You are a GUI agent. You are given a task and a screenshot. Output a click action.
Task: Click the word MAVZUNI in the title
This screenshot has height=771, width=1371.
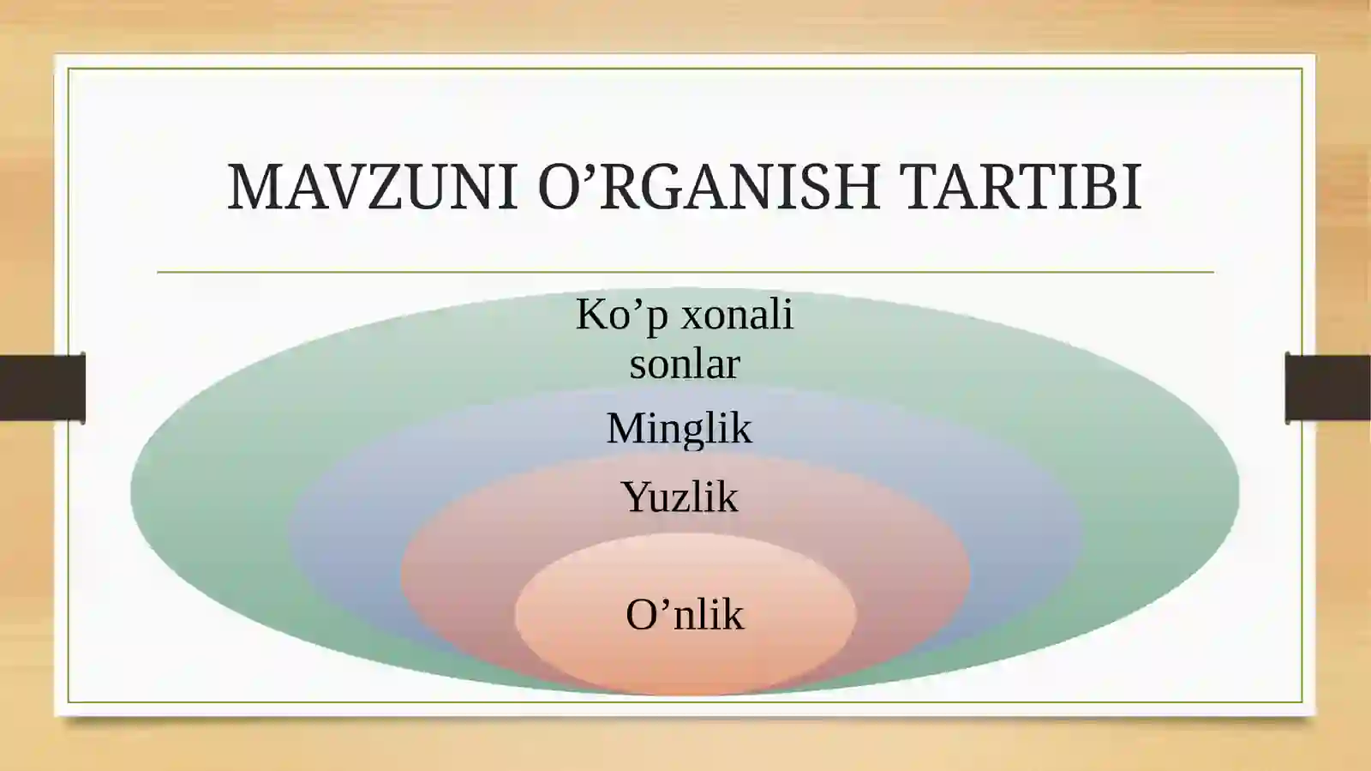click(x=372, y=186)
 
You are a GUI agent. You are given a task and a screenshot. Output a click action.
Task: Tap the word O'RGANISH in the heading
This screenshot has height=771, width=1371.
click(x=709, y=186)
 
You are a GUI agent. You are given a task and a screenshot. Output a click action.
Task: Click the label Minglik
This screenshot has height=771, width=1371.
click(x=679, y=428)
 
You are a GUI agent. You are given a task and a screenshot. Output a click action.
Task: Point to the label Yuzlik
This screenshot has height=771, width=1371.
click(x=679, y=497)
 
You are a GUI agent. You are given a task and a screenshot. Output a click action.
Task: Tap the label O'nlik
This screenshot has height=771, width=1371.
click(x=685, y=615)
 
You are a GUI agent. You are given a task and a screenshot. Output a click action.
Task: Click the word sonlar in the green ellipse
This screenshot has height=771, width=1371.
click(x=685, y=364)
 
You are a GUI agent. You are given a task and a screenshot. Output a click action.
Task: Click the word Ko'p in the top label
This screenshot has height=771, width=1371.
click(x=620, y=315)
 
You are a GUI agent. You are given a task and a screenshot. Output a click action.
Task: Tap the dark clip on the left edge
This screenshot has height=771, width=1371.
click(x=42, y=388)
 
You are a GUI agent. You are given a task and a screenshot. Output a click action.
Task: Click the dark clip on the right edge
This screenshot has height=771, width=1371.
click(x=1327, y=388)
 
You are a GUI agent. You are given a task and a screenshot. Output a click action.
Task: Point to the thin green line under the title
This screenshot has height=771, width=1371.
click(x=685, y=272)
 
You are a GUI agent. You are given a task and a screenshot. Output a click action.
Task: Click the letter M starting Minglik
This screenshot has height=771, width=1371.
click(x=625, y=428)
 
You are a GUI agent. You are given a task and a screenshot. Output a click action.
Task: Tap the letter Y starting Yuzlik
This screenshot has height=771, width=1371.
click(x=636, y=497)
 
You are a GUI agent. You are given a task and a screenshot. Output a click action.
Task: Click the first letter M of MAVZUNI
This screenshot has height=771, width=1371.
click(x=253, y=186)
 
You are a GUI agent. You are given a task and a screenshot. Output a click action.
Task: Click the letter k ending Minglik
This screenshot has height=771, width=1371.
click(x=742, y=428)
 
